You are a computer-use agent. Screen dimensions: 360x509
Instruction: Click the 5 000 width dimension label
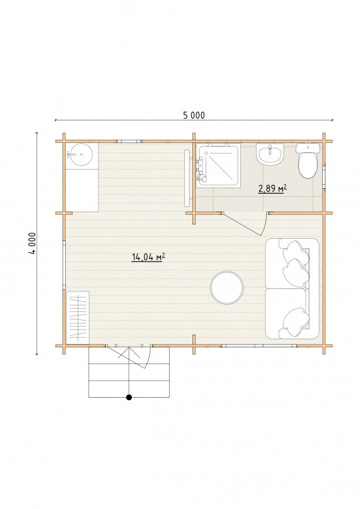(194, 115)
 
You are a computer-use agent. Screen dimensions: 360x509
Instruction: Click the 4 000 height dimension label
(33, 244)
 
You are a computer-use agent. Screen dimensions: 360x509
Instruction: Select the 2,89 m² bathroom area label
(272, 188)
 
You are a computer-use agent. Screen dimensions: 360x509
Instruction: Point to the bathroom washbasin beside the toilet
(270, 154)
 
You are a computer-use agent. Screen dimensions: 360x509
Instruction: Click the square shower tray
(218, 166)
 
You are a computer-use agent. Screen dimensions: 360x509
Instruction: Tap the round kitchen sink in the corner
(81, 154)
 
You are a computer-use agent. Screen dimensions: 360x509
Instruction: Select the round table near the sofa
(227, 287)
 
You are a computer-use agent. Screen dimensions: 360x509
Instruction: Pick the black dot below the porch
(129, 397)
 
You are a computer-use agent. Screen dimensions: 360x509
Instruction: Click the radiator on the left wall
(78, 317)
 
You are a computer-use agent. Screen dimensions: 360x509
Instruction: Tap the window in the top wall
(129, 141)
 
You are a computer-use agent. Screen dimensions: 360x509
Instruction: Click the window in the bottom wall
(259, 346)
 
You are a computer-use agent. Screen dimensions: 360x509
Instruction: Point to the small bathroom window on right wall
(323, 177)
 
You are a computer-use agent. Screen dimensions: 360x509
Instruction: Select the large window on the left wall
(65, 265)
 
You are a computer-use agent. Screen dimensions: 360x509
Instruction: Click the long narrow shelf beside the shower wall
(187, 178)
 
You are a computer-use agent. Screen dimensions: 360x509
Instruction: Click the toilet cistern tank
(307, 148)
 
